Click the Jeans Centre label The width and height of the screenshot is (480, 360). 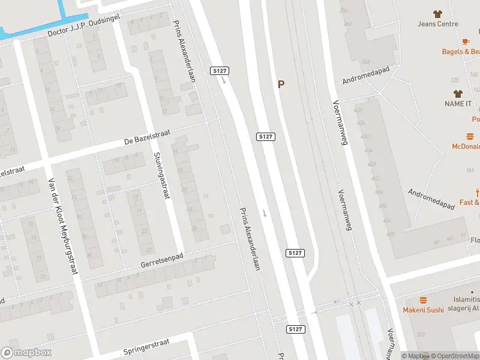click(x=439, y=24)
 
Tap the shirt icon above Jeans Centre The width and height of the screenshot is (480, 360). click(x=437, y=13)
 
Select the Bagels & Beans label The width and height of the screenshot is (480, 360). click(x=461, y=52)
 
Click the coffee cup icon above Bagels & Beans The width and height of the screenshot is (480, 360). click(x=465, y=41)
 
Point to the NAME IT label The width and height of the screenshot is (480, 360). click(x=458, y=104)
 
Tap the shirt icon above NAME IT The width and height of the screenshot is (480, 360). click(x=458, y=93)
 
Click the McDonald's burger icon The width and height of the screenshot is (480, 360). click(x=470, y=136)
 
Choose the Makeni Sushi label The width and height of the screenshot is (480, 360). click(x=424, y=310)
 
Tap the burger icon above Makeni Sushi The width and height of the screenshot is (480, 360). click(x=424, y=299)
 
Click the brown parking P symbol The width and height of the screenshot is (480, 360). click(x=281, y=85)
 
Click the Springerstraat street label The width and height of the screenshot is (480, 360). click(x=148, y=347)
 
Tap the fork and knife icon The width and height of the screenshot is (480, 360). click(x=478, y=192)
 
